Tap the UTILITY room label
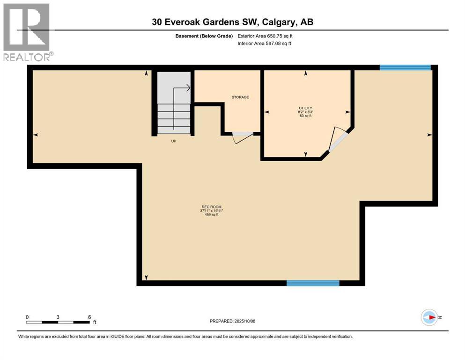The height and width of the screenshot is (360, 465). tap(305, 108)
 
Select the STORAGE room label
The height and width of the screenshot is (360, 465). tap(240, 97)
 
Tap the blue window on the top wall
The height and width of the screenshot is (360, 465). tap(405, 67)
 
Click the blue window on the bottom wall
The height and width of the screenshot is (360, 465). tap(312, 283)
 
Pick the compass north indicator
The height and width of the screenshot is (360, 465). tap(430, 317)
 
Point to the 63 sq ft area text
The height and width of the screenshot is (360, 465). tap(305, 116)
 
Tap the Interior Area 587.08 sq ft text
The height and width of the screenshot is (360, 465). tap(265, 44)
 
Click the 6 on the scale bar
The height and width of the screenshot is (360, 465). tap(89, 317)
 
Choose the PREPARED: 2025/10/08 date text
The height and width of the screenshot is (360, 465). tap(232, 321)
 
